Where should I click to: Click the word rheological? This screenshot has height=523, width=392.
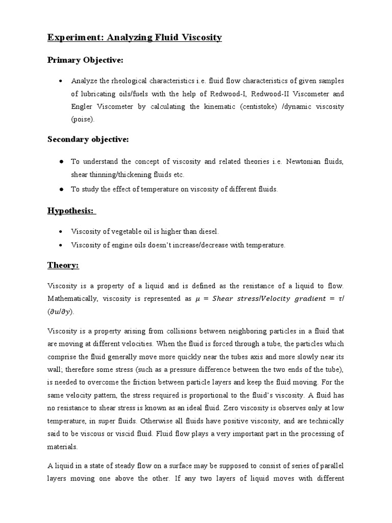[x=126, y=81]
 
